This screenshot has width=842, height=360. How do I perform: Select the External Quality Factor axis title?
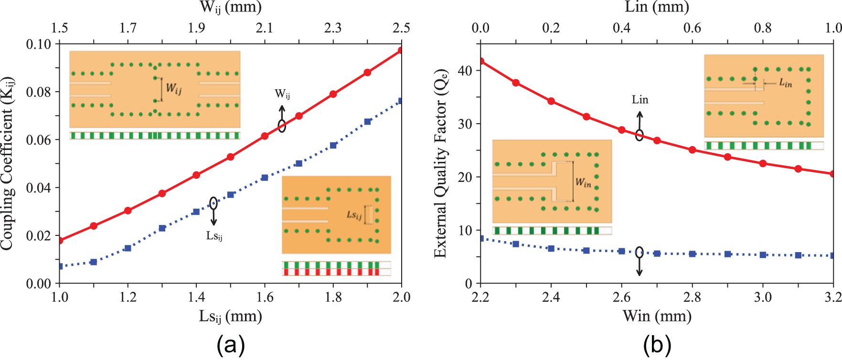pos(440,163)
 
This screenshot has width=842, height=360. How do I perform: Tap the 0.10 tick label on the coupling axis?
pos(38,44)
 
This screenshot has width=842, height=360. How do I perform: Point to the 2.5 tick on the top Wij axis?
pos(401,28)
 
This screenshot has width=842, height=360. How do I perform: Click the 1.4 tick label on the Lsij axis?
pos(196,297)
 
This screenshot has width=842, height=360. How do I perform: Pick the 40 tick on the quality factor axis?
pos(465,71)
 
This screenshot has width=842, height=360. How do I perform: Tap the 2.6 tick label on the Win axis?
pos(621,297)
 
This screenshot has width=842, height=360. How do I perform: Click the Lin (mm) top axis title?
pos(657,7)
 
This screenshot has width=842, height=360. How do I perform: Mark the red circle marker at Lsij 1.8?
pos(333,94)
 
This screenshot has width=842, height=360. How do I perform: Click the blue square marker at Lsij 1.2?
pos(128,248)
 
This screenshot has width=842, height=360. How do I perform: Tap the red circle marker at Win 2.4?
pos(551,101)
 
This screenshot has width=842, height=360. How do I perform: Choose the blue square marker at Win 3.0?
pos(763,255)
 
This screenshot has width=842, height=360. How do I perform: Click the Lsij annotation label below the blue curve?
pos(214,236)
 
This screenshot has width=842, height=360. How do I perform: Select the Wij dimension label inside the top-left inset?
pos(173,89)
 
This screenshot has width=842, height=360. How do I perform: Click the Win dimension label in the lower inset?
pos(583,182)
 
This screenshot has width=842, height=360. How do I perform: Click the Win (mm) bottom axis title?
pos(657,316)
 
